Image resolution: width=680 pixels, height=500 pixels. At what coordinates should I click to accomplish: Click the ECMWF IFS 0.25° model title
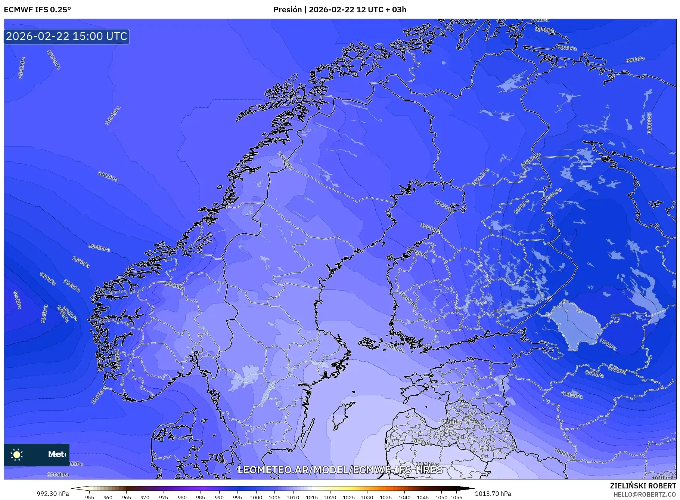[37, 10]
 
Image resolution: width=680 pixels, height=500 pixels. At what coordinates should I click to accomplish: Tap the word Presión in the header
[287, 10]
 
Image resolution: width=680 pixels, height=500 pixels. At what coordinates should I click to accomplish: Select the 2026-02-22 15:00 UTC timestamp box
[67, 36]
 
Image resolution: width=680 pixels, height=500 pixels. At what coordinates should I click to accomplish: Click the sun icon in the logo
[17, 454]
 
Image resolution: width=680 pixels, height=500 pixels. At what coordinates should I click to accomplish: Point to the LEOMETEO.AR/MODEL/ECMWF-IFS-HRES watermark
[340, 470]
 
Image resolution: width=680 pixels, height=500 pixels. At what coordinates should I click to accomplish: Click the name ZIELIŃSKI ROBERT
[643, 486]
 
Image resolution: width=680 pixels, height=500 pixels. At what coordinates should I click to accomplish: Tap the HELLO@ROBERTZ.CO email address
[645, 494]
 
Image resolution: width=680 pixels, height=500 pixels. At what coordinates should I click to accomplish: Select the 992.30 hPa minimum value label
[53, 494]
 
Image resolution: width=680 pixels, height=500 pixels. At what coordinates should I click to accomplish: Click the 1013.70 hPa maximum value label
[493, 494]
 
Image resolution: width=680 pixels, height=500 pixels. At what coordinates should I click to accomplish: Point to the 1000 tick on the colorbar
[256, 497]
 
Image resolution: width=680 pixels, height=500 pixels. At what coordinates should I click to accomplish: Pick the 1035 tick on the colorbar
[386, 497]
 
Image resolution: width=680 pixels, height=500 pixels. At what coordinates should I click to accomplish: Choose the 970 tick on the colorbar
[145, 497]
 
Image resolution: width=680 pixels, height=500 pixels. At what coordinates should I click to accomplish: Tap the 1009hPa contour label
[394, 348]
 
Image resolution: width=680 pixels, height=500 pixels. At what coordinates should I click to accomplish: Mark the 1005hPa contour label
[417, 253]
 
